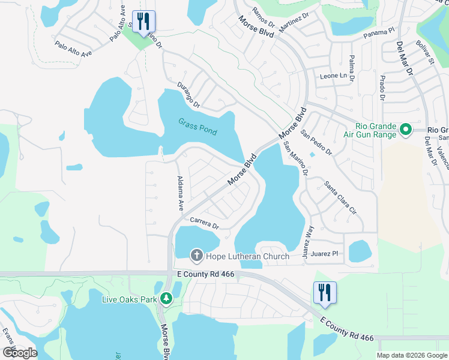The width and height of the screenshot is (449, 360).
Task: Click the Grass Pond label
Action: (197, 126)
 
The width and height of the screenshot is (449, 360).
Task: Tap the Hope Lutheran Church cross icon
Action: (196, 256)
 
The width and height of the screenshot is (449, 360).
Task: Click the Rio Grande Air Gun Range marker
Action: (405, 129)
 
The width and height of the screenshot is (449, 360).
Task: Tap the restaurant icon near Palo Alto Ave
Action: (143, 22)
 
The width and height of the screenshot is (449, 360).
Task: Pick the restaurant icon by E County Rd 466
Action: (325, 293)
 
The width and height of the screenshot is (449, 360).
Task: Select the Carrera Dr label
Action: (205, 223)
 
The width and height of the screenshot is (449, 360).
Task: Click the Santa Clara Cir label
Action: (340, 198)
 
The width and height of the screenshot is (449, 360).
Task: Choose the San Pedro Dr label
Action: (316, 142)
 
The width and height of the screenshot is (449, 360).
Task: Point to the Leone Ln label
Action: (334, 76)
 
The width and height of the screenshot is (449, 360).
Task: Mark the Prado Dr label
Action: (381, 85)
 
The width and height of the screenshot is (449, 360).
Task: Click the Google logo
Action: (20, 352)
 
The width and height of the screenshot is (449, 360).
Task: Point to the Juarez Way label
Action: (309, 242)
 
